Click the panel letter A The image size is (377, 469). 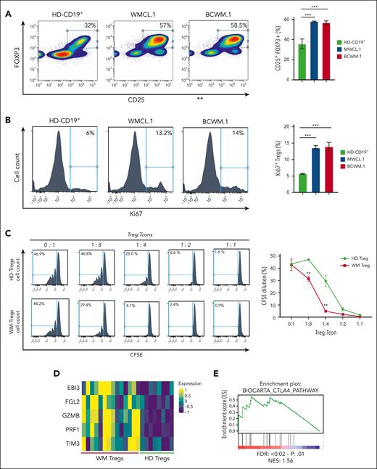point(8,7)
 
